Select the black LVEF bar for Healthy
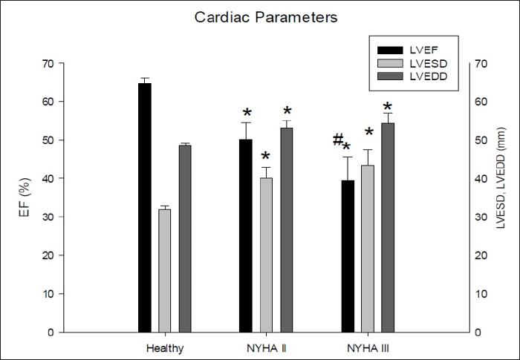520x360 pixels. [144, 208]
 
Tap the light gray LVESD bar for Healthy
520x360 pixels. [164, 271]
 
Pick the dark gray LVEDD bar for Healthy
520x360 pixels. [185, 238]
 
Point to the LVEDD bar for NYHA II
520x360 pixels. [287, 230]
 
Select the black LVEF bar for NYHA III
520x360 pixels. [347, 256]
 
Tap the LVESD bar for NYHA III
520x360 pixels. [367, 249]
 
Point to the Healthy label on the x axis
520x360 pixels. [164, 347]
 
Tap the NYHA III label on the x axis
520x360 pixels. [367, 347]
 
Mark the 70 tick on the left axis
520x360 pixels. [47, 63]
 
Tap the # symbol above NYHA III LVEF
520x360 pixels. [338, 140]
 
